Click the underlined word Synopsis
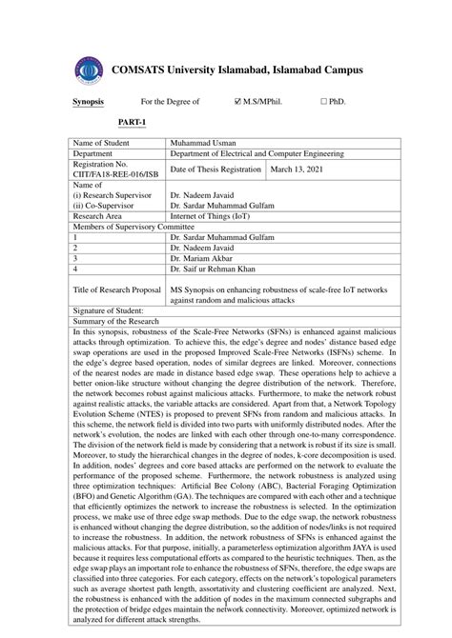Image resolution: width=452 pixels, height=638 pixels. point(88,100)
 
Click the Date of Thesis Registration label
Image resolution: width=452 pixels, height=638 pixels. point(215,169)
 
